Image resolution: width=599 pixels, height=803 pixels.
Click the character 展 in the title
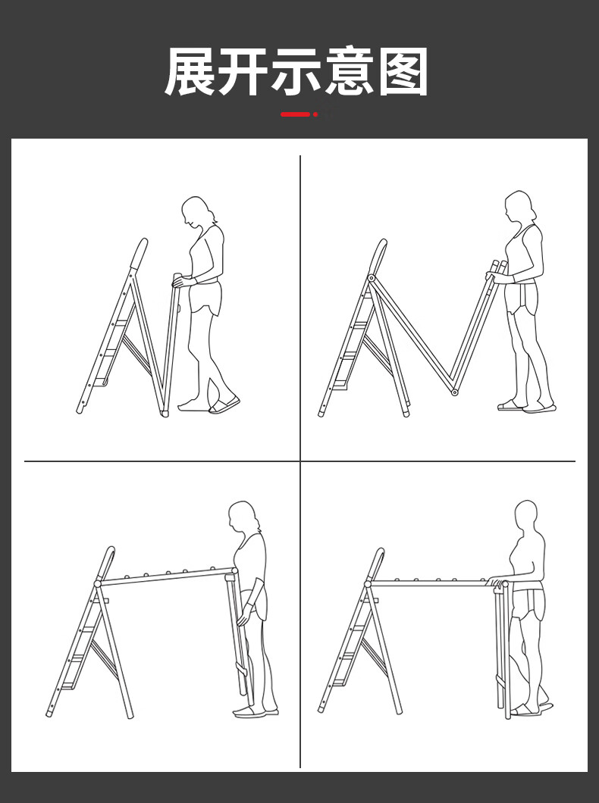[x=190, y=72]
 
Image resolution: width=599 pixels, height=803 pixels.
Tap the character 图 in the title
[x=403, y=72]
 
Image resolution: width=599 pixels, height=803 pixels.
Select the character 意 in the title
[x=350, y=72]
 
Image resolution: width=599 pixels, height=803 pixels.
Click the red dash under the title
[x=295, y=114]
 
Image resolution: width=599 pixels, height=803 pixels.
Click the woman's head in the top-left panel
[x=197, y=211]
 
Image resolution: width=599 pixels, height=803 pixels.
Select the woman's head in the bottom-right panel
[x=526, y=517]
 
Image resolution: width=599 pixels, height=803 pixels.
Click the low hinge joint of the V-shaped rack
[x=454, y=393]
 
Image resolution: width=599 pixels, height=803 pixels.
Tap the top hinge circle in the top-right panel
[x=371, y=278]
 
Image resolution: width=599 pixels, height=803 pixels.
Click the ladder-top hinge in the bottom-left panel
[x=97, y=583]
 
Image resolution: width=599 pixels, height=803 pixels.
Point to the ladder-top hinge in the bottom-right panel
[x=368, y=584]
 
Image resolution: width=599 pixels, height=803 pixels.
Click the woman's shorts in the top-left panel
[x=205, y=297]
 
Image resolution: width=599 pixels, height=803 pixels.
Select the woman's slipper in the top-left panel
[x=224, y=405]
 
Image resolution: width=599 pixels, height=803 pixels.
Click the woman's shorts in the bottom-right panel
[x=528, y=605]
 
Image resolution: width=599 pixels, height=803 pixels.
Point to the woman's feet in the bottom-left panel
[x=256, y=711]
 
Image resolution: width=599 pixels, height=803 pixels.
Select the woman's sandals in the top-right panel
[x=526, y=406]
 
